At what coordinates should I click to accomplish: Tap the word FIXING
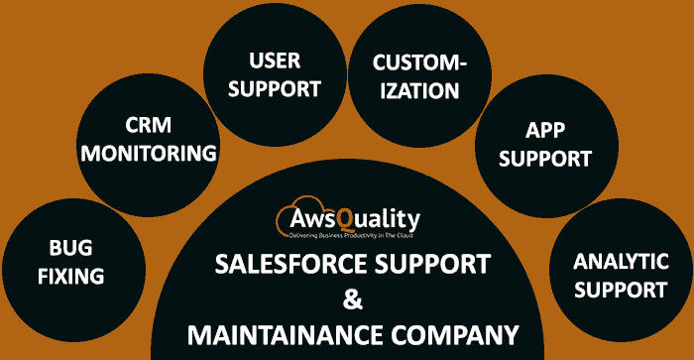click(70, 277)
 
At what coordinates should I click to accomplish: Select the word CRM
click(150, 125)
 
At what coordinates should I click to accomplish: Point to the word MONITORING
click(150, 153)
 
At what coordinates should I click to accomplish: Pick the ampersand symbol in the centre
click(347, 299)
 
